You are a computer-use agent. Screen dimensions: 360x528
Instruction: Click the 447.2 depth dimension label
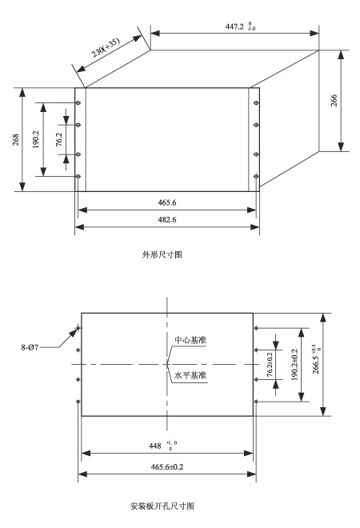click(x=240, y=26)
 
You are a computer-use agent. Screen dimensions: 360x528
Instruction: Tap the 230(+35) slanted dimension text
click(x=106, y=47)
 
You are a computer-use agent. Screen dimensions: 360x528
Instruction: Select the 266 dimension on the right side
click(x=334, y=101)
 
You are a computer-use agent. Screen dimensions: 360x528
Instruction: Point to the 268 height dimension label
click(x=16, y=140)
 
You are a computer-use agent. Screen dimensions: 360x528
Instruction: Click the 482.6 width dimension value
click(x=167, y=219)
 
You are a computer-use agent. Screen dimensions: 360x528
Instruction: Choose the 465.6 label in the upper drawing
click(x=167, y=202)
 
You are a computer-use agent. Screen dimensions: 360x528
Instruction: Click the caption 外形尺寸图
click(x=162, y=254)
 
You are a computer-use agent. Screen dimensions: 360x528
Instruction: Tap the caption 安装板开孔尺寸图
click(x=162, y=506)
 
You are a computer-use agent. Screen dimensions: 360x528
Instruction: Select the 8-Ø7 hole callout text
click(x=30, y=347)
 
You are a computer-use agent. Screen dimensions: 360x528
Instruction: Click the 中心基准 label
click(x=190, y=340)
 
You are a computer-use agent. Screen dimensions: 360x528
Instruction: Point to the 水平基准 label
click(x=190, y=375)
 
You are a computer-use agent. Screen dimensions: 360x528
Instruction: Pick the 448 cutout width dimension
click(x=162, y=446)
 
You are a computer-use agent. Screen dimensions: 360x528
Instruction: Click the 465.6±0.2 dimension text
click(x=167, y=466)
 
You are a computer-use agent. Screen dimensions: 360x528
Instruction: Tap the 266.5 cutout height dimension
click(x=317, y=359)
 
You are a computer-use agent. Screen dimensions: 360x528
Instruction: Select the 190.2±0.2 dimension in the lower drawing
click(x=294, y=365)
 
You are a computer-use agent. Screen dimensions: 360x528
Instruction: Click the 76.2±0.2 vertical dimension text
click(x=270, y=365)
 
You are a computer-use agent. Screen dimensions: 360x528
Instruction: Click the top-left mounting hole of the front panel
click(x=78, y=102)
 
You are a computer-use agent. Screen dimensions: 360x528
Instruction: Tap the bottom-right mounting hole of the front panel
click(x=256, y=176)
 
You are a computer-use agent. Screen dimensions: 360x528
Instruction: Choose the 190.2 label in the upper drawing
click(x=36, y=139)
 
